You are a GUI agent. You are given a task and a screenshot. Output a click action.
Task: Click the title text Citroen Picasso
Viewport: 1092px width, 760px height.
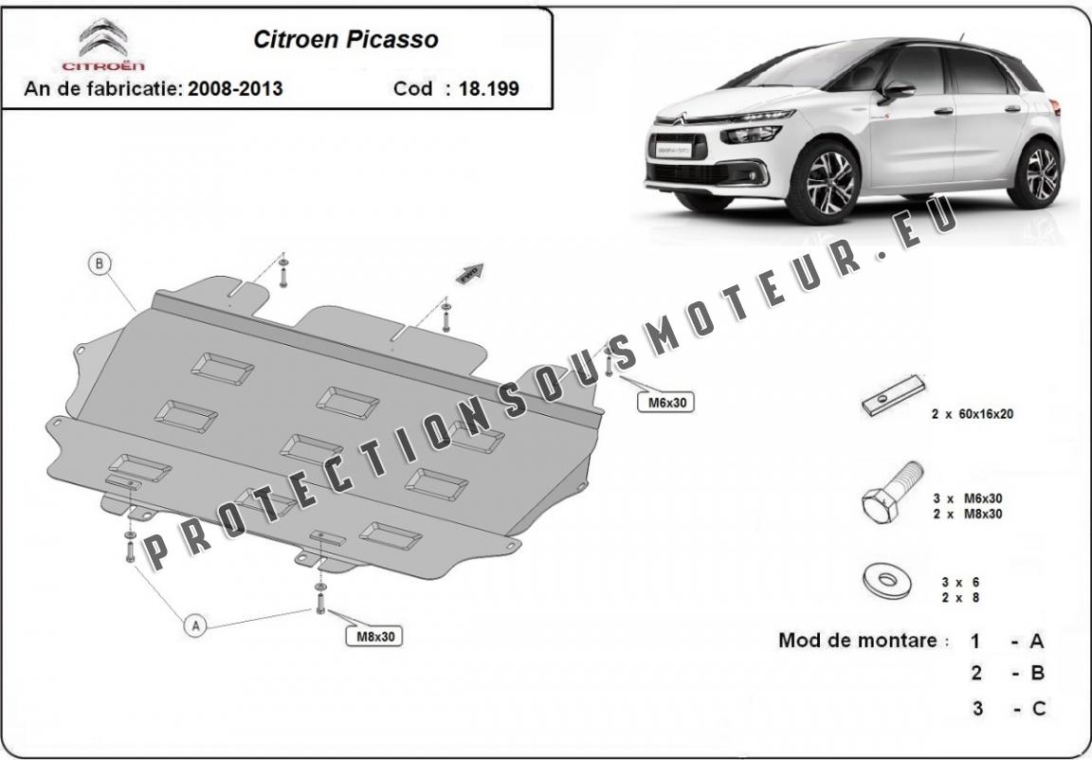pos(345,40)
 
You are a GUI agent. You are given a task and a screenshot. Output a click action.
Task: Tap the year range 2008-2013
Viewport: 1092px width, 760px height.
pos(234,89)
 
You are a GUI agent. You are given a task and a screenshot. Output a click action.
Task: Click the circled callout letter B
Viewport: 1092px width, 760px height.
pos(100,264)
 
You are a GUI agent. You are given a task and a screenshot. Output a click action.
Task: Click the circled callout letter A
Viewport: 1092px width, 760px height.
pos(195,625)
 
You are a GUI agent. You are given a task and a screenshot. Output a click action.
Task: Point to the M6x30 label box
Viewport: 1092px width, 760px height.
pos(667,403)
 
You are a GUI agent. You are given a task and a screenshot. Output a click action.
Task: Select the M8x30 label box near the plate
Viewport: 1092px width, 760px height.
pos(374,637)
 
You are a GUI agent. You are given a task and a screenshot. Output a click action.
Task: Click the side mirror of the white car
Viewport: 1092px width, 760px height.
pos(897,90)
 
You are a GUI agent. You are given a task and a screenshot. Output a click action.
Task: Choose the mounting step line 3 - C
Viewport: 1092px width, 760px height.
pos(1008,708)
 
